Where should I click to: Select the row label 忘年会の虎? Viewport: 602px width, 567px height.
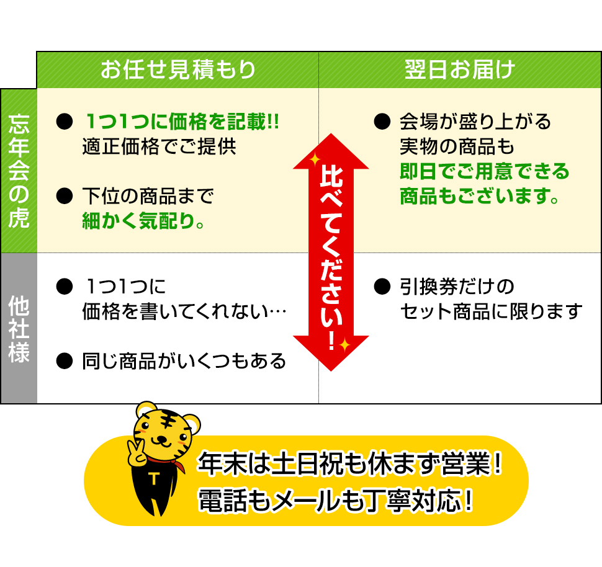19,171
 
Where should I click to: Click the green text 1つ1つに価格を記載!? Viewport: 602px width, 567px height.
182,121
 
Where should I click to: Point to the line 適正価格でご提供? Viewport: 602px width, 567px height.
159,148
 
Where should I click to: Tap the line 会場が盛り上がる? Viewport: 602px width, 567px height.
475,121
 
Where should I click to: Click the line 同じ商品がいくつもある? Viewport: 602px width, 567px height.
184,360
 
